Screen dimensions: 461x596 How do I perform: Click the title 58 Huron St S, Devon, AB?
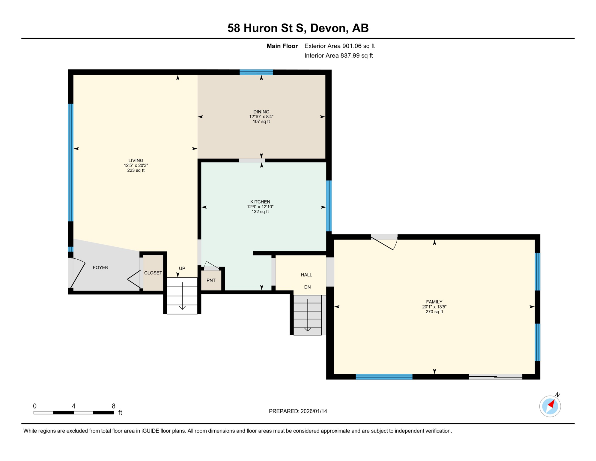pos(298,28)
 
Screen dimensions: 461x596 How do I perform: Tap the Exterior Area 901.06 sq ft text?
pos(339,46)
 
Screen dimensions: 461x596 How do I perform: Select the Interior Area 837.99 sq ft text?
pos(338,56)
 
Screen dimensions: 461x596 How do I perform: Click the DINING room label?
pos(261,112)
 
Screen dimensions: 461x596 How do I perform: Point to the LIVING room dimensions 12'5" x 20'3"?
pos(136,165)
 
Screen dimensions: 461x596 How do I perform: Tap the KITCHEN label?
pos(260,202)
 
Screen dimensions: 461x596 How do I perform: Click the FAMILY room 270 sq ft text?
pos(434,312)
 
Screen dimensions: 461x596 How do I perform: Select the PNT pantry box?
pos(211,280)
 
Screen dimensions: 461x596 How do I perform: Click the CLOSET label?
pos(153,273)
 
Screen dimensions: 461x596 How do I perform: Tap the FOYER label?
pos(100,267)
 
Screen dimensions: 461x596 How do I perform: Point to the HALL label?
pos(306,275)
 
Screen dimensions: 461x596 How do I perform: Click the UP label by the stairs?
pos(182,268)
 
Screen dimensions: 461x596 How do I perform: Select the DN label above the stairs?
pos(307,287)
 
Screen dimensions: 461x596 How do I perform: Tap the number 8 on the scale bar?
pos(114,406)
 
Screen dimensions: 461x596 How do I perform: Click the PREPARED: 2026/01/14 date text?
pos(298,411)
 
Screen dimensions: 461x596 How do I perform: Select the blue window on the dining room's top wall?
pos(256,72)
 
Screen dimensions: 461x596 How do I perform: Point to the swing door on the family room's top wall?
pos(385,243)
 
